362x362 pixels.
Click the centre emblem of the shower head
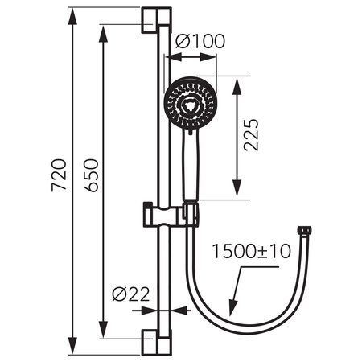coord(190,102)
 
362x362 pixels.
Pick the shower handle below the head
coord(191,165)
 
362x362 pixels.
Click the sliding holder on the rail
coord(169,214)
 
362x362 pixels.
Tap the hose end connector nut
coord(303,230)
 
